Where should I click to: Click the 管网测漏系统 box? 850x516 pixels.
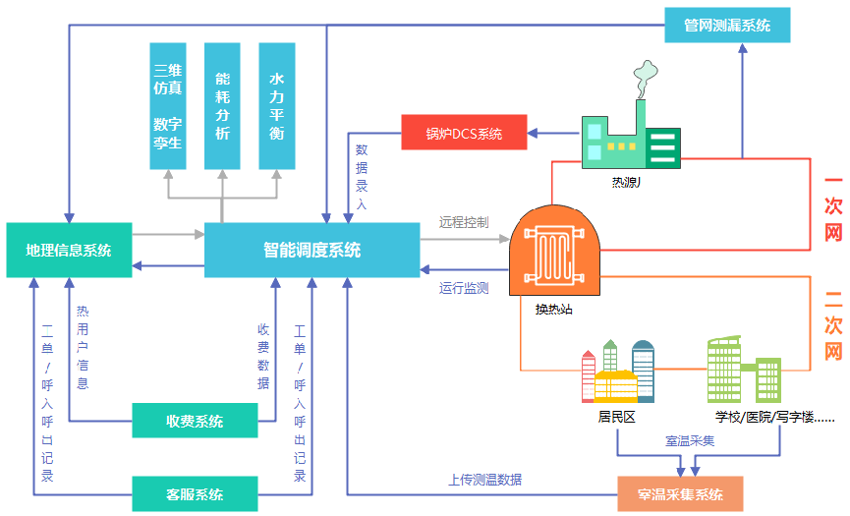click(x=727, y=25)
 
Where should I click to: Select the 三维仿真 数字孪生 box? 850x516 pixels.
click(x=168, y=106)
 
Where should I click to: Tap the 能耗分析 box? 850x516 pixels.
click(x=222, y=106)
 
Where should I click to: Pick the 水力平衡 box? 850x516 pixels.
click(x=277, y=106)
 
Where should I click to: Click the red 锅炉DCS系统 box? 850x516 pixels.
click(x=464, y=133)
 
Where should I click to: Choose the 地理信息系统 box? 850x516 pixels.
click(x=69, y=250)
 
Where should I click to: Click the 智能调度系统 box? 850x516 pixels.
click(x=312, y=250)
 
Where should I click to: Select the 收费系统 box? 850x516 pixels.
click(x=195, y=421)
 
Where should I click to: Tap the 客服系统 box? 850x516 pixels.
click(x=195, y=493)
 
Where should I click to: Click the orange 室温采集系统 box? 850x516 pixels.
click(x=680, y=494)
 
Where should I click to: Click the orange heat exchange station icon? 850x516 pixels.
click(x=553, y=251)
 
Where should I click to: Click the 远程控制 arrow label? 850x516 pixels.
click(x=464, y=222)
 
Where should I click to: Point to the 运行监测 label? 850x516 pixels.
click(x=464, y=289)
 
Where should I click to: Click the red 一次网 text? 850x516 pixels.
click(x=833, y=208)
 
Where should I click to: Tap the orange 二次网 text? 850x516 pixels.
click(x=833, y=324)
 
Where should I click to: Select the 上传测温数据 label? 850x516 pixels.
click(x=484, y=481)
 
